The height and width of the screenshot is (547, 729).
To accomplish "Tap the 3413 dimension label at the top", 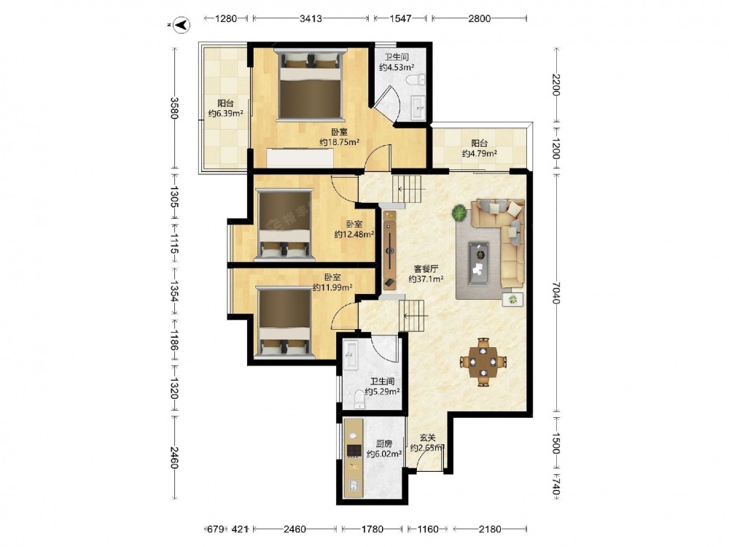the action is pyautogui.click(x=311, y=19).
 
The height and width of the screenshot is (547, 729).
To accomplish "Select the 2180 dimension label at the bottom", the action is pyautogui.click(x=490, y=529).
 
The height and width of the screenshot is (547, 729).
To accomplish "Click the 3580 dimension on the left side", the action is pyautogui.click(x=174, y=108).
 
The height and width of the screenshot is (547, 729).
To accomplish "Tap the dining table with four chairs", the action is pyautogui.click(x=483, y=362).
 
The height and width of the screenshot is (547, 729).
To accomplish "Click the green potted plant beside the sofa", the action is pyautogui.click(x=459, y=213).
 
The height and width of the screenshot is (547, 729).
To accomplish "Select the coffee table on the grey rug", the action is pyautogui.click(x=478, y=263).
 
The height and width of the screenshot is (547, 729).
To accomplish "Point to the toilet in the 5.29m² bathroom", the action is pyautogui.click(x=359, y=400).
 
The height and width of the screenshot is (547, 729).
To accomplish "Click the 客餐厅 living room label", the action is pyautogui.click(x=426, y=269).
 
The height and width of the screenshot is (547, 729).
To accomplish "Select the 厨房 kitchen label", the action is pyautogui.click(x=384, y=443).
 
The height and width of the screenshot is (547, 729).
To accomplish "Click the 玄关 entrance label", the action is pyautogui.click(x=428, y=438).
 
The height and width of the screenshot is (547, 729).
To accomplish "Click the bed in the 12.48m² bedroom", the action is pyautogui.click(x=284, y=224).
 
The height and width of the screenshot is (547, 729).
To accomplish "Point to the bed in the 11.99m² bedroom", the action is pyautogui.click(x=284, y=323).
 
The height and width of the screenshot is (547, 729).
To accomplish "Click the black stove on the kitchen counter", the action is pyautogui.click(x=354, y=450).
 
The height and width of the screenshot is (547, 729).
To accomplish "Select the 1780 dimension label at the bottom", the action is pyautogui.click(x=373, y=529).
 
